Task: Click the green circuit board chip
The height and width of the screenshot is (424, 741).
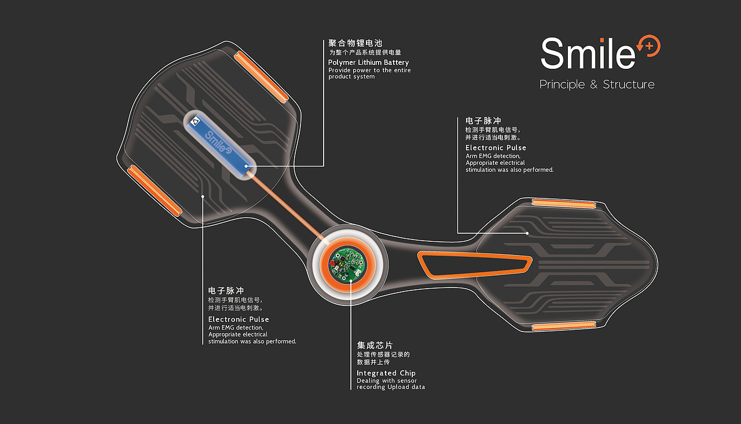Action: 348,265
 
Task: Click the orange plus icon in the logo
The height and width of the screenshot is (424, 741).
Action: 649,46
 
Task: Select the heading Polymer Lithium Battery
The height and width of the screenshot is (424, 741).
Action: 368,62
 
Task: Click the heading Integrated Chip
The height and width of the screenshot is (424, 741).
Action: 386,373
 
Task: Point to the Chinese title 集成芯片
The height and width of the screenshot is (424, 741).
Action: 375,345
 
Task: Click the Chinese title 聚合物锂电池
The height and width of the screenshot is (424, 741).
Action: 355,43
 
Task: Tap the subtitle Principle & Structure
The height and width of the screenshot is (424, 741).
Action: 597,84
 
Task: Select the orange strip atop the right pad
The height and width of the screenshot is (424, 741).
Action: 564,204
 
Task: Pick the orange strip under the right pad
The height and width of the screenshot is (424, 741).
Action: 564,326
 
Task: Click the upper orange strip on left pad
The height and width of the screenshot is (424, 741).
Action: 261,77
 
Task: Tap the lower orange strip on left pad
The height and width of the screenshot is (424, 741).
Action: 155,191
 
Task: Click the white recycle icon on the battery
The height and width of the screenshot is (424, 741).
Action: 196,121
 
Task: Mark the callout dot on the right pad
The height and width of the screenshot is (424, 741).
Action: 527,233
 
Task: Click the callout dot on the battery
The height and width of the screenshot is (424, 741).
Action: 246,166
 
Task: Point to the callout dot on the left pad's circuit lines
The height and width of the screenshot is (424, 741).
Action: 203,196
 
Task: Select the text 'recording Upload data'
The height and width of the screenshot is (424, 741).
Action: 391,387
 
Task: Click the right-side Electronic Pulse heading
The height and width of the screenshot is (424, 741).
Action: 496,148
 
